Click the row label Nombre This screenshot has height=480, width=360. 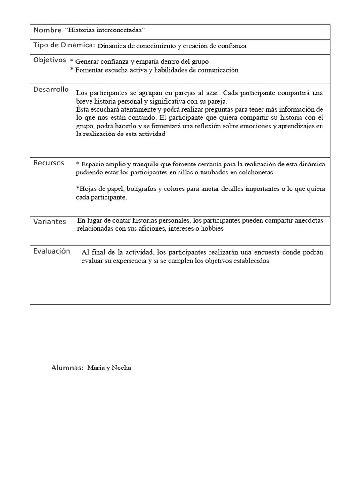[x=47, y=30]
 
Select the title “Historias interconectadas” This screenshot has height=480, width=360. [x=105, y=30]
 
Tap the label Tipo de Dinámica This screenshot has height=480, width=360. [x=64, y=45]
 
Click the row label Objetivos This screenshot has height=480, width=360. [x=50, y=60]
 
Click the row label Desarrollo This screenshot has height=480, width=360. [x=51, y=90]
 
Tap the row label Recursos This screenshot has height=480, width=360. [x=49, y=163]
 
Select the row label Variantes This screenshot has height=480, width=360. [x=50, y=222]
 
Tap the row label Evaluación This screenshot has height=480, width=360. [x=52, y=251]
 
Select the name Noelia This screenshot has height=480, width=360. [x=121, y=368]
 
